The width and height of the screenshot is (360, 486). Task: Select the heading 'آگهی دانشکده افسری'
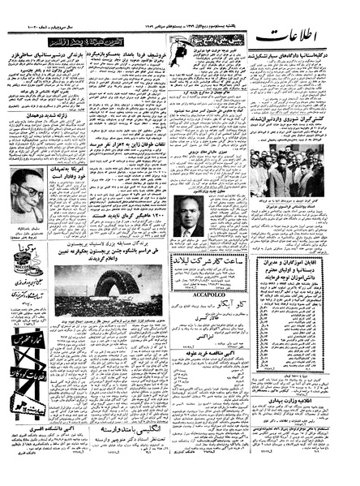tap(46, 444)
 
